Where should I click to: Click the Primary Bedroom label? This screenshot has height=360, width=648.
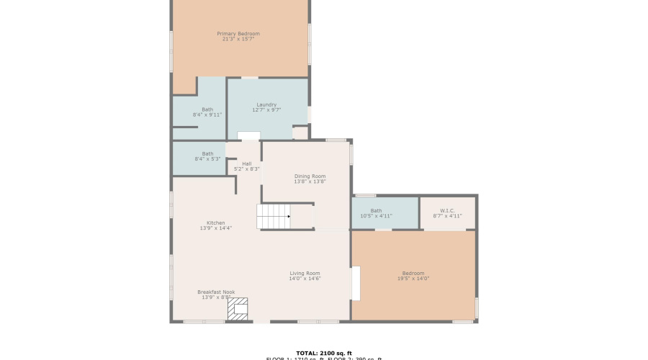238,33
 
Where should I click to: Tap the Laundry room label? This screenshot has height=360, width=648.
266,104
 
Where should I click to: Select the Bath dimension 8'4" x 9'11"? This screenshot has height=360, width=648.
207,115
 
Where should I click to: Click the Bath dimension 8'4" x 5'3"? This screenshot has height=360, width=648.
207,158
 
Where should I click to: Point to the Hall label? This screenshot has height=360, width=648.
247,163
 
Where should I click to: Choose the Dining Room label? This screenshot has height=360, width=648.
310,176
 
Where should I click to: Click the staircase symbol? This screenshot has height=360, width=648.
274,216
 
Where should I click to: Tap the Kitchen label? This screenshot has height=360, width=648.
215,222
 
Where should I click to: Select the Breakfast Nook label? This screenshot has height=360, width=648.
216,292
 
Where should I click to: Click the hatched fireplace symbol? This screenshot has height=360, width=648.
238,309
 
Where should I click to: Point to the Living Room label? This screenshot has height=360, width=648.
305,273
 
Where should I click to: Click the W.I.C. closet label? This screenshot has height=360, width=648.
447,210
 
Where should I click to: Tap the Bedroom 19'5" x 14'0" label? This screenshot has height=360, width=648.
413,273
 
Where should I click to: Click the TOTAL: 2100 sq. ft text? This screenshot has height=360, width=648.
323,353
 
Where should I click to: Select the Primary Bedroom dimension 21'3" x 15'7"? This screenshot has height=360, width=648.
238,39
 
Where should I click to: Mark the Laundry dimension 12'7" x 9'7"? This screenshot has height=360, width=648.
266,110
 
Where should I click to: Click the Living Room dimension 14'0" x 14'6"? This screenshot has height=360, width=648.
305,279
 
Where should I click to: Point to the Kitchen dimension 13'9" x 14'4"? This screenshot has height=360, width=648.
215,228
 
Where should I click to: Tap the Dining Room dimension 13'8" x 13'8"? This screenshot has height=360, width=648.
310,181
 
